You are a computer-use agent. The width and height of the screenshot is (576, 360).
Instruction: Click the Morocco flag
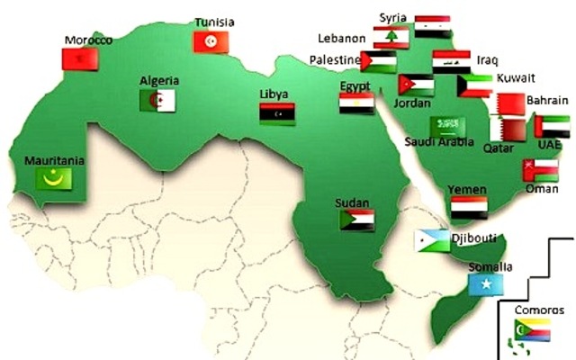78,58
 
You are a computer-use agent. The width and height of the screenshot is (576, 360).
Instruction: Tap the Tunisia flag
211,41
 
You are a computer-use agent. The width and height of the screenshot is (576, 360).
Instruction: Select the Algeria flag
157,100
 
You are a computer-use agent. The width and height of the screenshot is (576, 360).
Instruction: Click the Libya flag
277,113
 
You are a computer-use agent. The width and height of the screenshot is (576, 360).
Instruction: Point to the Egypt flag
356,103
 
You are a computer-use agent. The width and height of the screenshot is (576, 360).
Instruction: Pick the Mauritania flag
53,178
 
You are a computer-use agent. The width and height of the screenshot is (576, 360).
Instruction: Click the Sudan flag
356,219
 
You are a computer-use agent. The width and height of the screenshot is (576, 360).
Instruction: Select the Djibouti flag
432,240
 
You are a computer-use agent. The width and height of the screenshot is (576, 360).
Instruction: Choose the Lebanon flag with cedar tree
391,38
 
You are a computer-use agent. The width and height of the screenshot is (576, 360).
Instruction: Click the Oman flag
539,170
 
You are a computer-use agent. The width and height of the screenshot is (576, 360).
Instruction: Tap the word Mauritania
55,160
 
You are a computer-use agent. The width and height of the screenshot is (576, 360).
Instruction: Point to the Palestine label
330,61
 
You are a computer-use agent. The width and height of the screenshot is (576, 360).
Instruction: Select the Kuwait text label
516,77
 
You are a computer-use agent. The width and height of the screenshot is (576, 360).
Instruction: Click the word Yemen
468,190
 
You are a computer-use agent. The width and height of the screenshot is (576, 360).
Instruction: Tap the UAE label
549,145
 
